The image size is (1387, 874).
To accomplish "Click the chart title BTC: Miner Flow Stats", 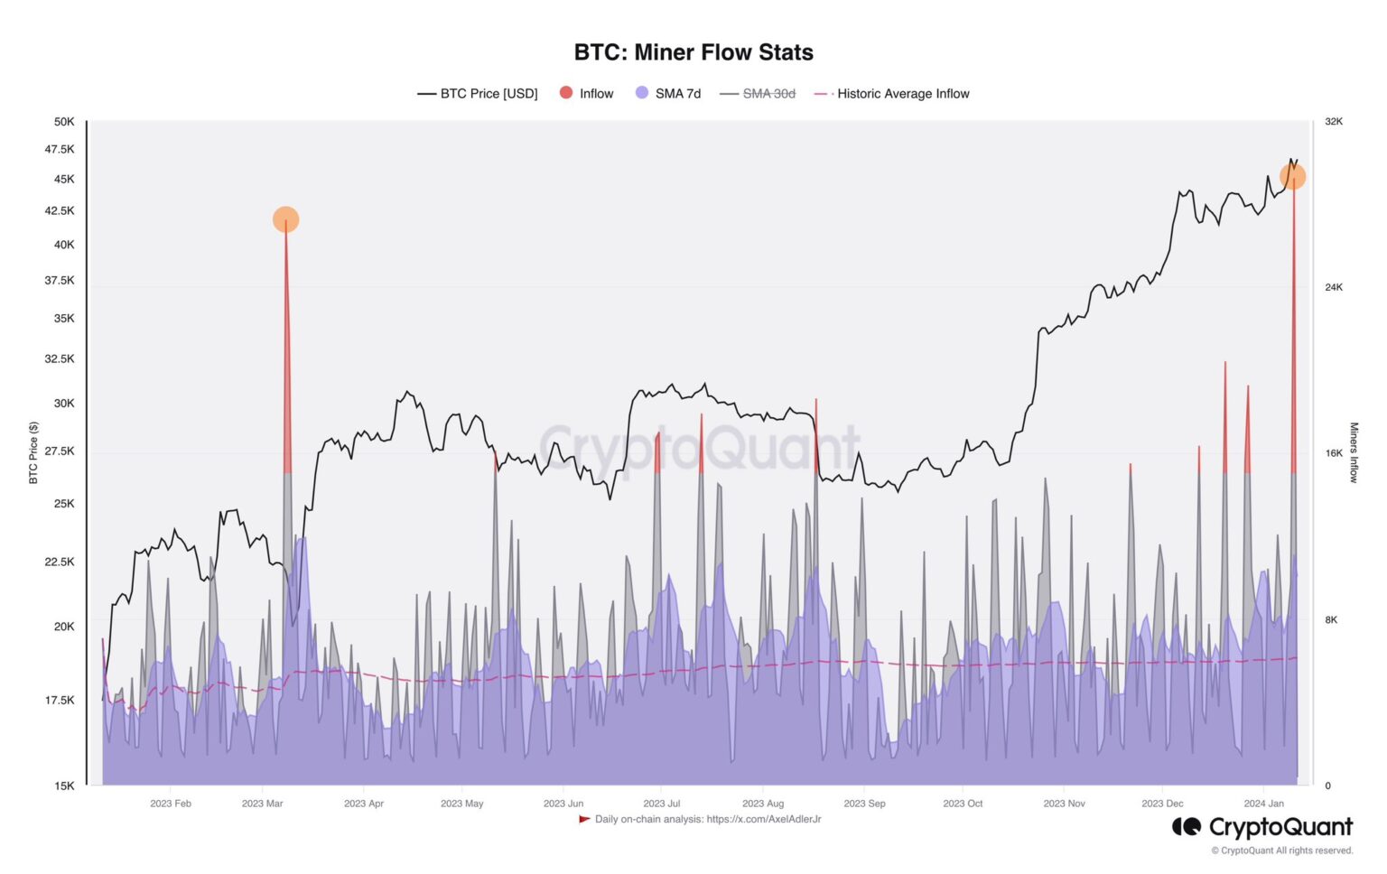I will coord(693,52).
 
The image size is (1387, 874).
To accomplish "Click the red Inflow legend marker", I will coord(566,93).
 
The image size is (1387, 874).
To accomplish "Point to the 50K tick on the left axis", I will coord(64,122).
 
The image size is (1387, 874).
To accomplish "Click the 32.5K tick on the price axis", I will coord(60,359).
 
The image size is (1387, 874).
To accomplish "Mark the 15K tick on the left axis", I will coord(64,786).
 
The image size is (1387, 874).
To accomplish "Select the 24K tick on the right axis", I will coord(1334,287).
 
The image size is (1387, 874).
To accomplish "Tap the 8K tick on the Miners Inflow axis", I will coord(1331,620).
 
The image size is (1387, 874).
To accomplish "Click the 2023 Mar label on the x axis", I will coord(262,804).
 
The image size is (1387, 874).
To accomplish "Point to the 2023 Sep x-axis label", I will coord(864,804).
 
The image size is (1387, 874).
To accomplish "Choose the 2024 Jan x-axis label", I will coord(1263,804).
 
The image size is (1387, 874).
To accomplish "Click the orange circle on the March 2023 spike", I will coord(285,219).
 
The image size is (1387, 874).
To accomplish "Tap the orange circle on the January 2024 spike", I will coord(1292,177).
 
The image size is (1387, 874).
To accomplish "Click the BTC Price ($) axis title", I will coord(33,453).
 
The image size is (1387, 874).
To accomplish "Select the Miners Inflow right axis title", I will coord(1354,453).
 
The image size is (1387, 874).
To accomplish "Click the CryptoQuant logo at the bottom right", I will coord(1261,827).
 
